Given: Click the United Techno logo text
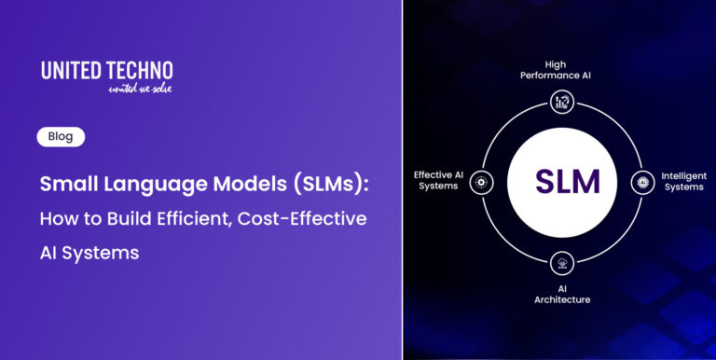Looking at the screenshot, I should click(107, 71).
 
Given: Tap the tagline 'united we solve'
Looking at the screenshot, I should click(141, 88).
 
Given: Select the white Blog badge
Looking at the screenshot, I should click(61, 136).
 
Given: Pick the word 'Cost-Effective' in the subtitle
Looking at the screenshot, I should click(302, 218).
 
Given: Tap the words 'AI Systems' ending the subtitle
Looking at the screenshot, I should click(89, 253).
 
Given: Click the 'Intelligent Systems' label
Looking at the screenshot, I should click(683, 180).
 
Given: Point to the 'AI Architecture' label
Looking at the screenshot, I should click(561, 294).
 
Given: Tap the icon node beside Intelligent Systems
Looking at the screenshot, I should click(641, 181).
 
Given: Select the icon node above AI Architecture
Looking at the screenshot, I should click(561, 261).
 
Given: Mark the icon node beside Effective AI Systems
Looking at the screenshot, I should click(481, 181).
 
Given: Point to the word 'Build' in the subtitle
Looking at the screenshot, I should click(117, 218).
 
